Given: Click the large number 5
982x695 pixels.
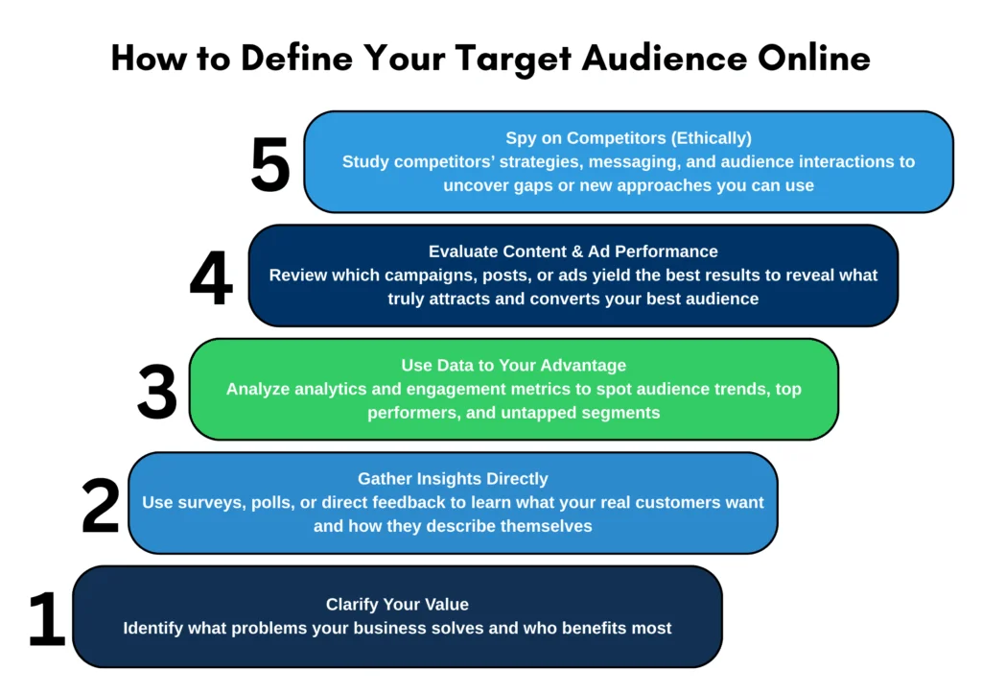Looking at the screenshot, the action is pyautogui.click(x=270, y=164).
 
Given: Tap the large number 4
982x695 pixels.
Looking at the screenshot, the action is pyautogui.click(x=211, y=277).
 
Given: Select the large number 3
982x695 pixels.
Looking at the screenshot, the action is pyautogui.click(x=157, y=392).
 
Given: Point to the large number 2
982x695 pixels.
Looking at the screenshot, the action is pyautogui.click(x=100, y=505).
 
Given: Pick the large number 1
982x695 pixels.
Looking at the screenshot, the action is pyautogui.click(x=47, y=618).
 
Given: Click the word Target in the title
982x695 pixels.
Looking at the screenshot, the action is pyautogui.click(x=513, y=59).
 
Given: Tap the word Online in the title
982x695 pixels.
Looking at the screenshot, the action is pyautogui.click(x=813, y=58).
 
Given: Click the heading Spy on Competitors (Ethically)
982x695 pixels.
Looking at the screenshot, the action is pyautogui.click(x=628, y=138).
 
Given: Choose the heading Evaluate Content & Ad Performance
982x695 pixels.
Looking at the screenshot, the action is pyautogui.click(x=573, y=252).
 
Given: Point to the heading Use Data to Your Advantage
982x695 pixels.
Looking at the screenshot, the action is pyautogui.click(x=514, y=365).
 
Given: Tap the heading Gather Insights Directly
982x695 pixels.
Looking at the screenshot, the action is pyautogui.click(x=453, y=479).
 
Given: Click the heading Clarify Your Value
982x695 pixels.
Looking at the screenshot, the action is pyautogui.click(x=397, y=604).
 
